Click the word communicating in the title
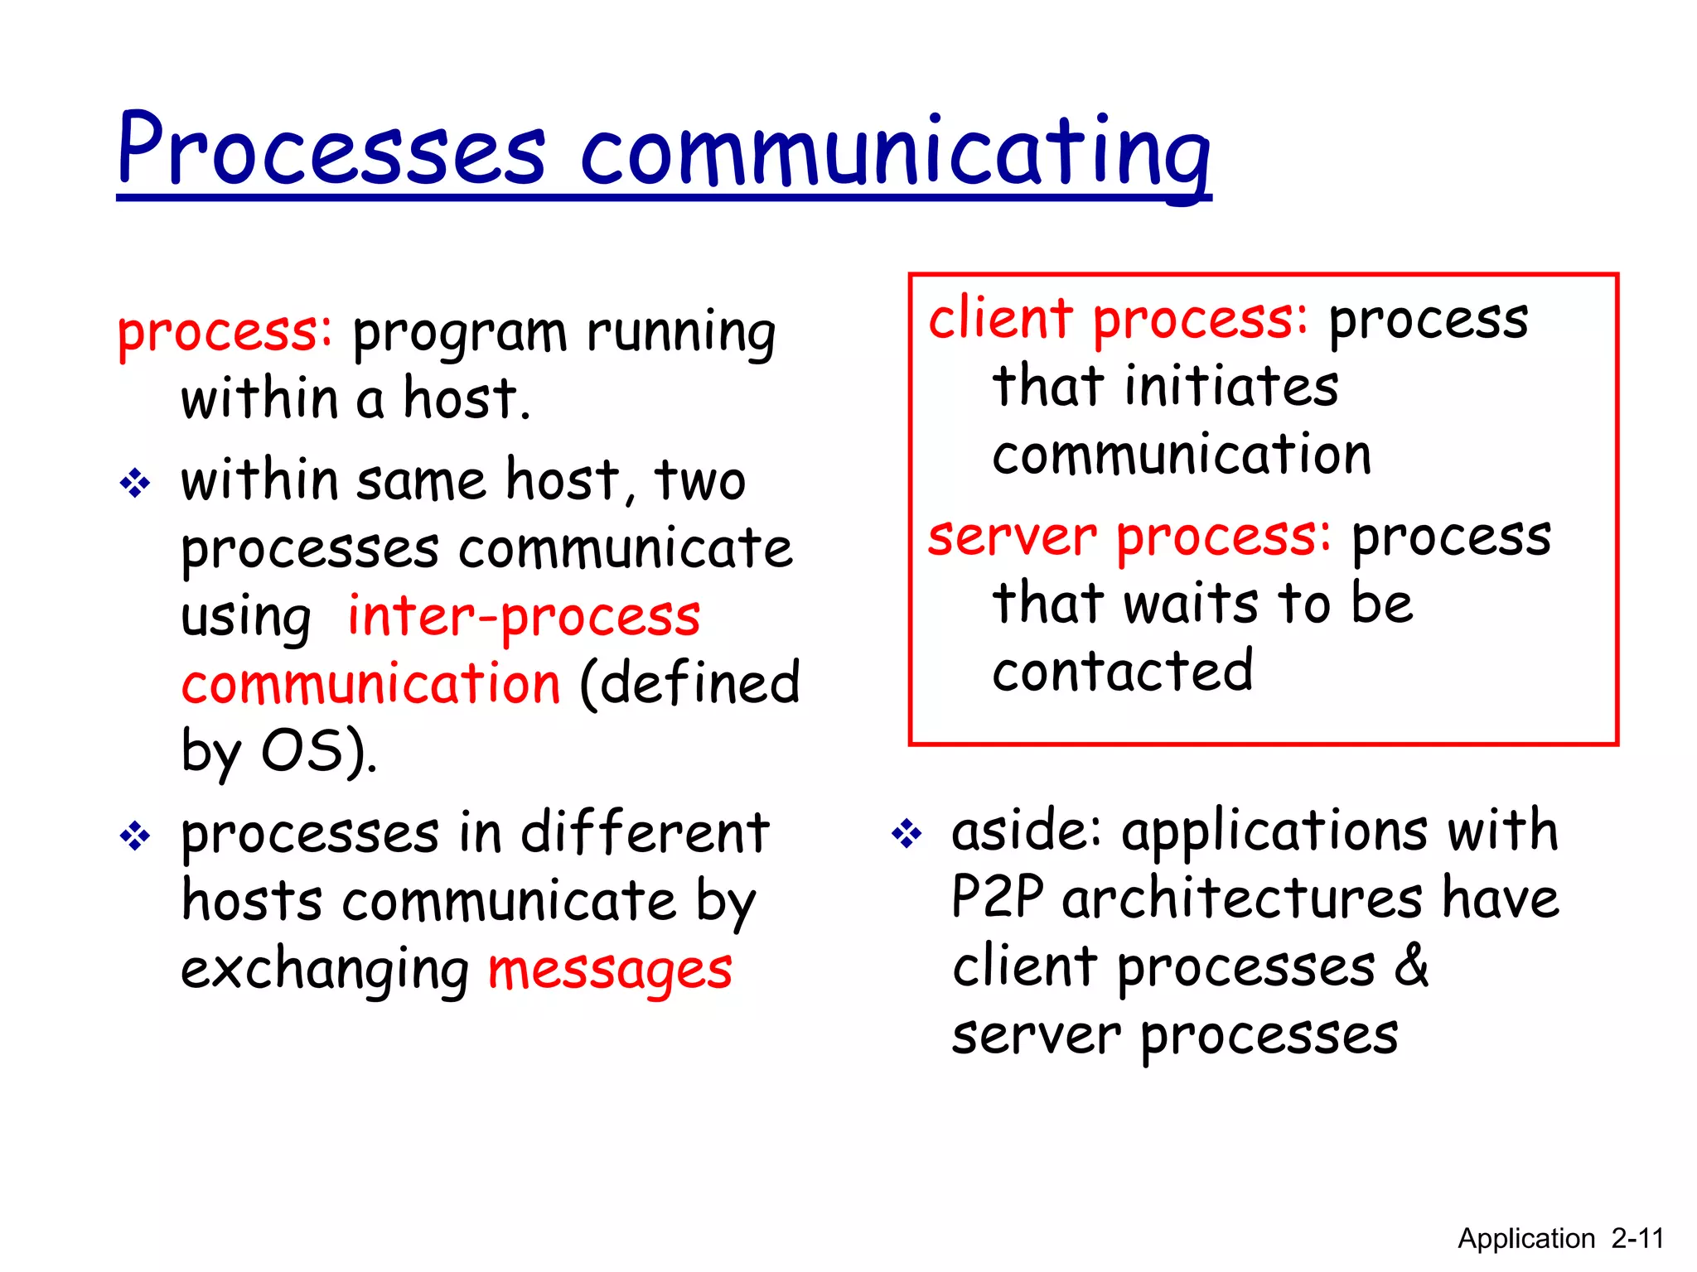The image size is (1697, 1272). pyautogui.click(x=895, y=153)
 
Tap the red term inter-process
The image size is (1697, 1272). pyautogui.click(x=524, y=617)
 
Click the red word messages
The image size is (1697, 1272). pyautogui.click(x=610, y=969)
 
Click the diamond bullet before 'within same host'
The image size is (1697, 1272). pyautogui.click(x=135, y=483)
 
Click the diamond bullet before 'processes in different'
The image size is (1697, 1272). pyautogui.click(x=135, y=836)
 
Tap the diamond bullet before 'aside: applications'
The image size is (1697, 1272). pyautogui.click(x=907, y=833)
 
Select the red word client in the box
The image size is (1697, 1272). pyautogui.click(x=1000, y=319)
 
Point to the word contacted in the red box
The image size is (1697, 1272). pyautogui.click(x=1123, y=671)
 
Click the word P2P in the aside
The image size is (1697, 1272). pyautogui.click(x=998, y=898)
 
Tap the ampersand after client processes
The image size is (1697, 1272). pyautogui.click(x=1411, y=966)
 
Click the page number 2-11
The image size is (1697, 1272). pyautogui.click(x=1637, y=1239)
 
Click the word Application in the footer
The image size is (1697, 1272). pyautogui.click(x=1525, y=1239)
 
